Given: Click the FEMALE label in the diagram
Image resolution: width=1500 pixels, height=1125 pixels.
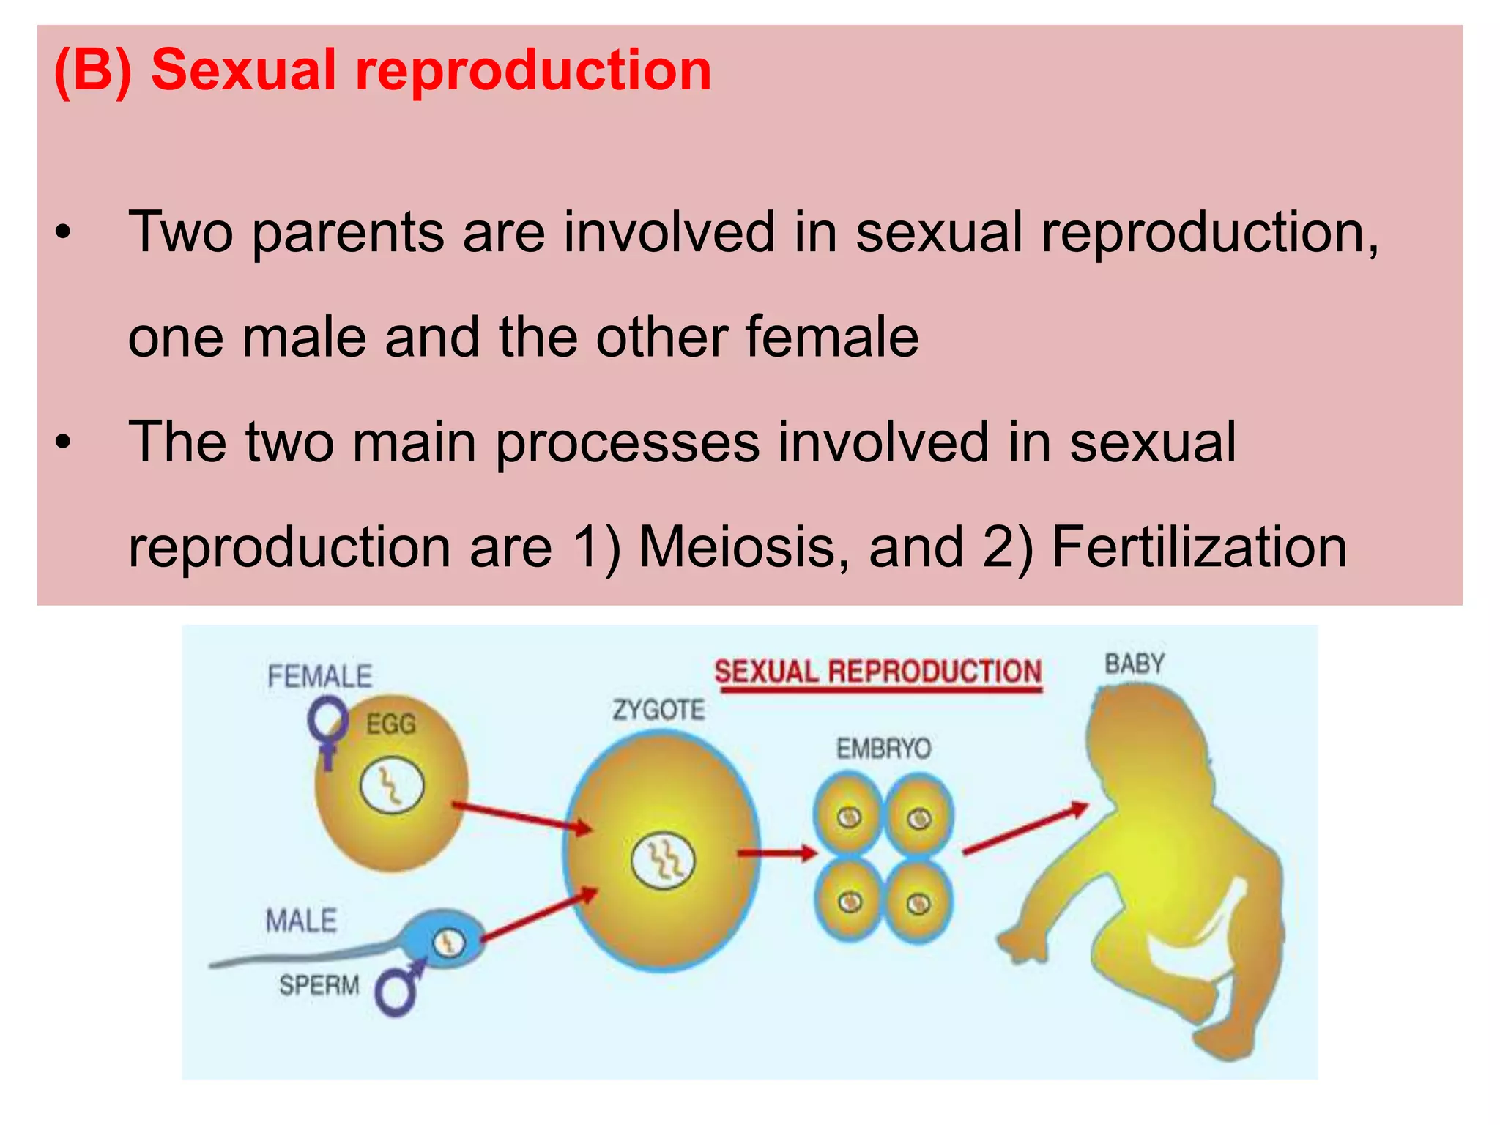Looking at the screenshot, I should [x=320, y=676].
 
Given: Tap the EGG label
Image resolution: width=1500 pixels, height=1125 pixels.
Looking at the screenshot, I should [x=391, y=724].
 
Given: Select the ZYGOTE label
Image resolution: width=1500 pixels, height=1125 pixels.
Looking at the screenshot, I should [x=658, y=710].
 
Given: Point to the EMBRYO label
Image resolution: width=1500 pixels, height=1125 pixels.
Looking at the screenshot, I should [x=883, y=749].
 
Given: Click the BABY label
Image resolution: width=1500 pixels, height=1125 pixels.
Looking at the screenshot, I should [x=1135, y=664].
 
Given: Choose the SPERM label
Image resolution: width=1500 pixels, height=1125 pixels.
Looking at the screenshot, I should [x=319, y=985].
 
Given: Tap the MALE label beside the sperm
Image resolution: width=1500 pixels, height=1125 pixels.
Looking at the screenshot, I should [x=301, y=921].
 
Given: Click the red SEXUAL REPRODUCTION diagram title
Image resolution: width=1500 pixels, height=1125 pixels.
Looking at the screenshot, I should [x=877, y=672].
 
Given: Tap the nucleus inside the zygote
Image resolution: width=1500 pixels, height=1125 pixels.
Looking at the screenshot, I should [x=663, y=860].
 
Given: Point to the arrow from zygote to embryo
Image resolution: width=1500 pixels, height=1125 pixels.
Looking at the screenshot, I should [x=777, y=853].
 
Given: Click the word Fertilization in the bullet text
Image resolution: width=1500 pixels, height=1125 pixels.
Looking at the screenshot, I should [x=1199, y=547].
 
